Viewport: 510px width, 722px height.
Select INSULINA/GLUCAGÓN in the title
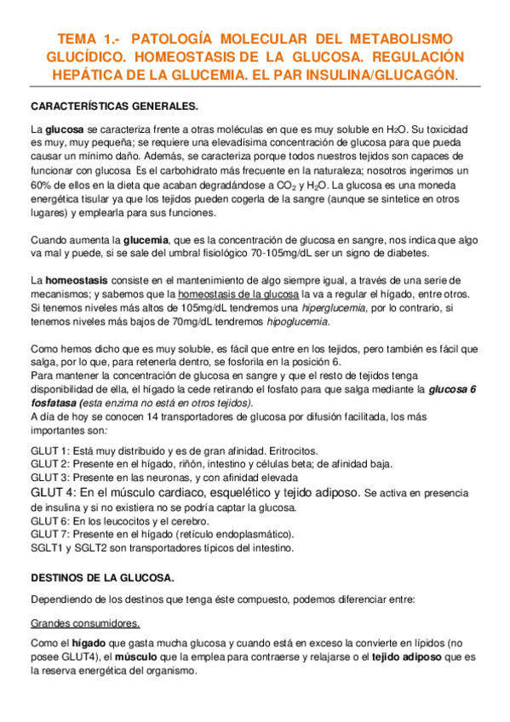(381, 74)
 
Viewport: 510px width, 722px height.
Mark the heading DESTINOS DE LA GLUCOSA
(101, 578)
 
